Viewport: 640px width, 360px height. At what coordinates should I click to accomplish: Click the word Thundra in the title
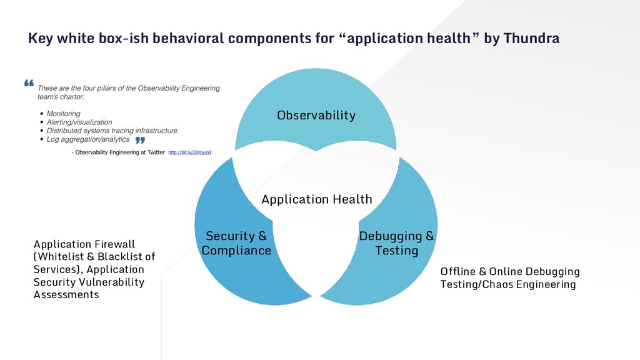pyautogui.click(x=531, y=39)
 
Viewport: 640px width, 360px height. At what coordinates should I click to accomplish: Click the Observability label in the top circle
pyautogui.click(x=316, y=115)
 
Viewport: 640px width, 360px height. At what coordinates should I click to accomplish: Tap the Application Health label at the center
pyautogui.click(x=316, y=199)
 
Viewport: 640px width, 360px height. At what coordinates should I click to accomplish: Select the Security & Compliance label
pyautogui.click(x=236, y=243)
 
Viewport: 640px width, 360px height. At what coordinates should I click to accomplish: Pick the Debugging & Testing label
pyautogui.click(x=396, y=243)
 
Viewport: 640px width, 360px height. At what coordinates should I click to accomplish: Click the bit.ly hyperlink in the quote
pyautogui.click(x=190, y=152)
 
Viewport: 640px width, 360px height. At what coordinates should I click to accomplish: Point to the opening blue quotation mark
pyautogui.click(x=29, y=83)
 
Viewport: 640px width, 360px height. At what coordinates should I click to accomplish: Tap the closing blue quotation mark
pyautogui.click(x=140, y=140)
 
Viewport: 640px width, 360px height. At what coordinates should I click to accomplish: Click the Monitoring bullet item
pyautogui.click(x=64, y=114)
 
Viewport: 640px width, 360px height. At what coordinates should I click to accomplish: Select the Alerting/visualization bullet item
pyautogui.click(x=79, y=122)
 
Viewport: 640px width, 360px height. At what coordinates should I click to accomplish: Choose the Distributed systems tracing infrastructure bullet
pyautogui.click(x=112, y=131)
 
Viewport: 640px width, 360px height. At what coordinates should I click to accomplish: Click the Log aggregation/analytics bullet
pyautogui.click(x=88, y=139)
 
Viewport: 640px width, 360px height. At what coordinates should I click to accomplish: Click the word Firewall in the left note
pyautogui.click(x=115, y=244)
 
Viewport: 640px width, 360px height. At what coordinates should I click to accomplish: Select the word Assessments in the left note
pyautogui.click(x=66, y=294)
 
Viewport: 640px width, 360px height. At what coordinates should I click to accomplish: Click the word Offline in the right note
pyautogui.click(x=457, y=272)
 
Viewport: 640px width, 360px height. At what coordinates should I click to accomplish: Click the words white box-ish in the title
pyautogui.click(x=95, y=39)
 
